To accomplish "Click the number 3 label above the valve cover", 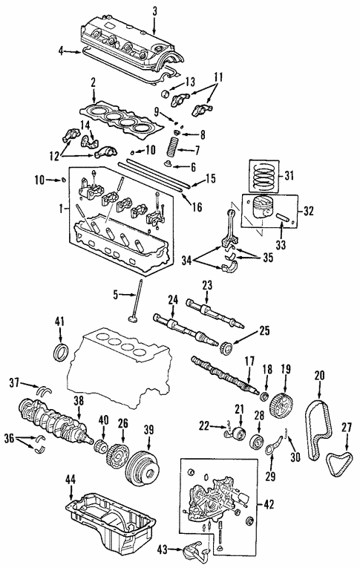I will tap(154, 10).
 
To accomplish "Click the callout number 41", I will tap(59, 321).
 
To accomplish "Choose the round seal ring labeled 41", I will tap(59, 350).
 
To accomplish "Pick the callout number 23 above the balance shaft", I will tap(207, 284).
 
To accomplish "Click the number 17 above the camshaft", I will tap(249, 362).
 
